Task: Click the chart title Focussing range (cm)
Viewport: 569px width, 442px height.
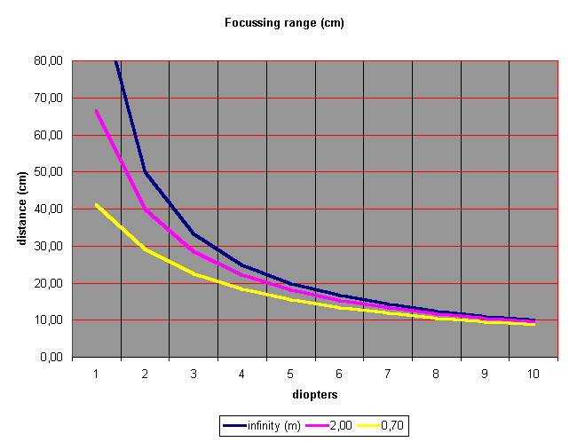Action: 283,23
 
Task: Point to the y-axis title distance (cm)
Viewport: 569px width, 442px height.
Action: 22,209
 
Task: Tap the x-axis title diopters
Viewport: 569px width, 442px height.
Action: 314,393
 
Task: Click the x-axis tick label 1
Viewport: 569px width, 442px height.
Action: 96,374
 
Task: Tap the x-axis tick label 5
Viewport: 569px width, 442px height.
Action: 290,374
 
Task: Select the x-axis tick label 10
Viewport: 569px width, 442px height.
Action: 533,374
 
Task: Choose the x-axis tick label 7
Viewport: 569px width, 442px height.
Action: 387,374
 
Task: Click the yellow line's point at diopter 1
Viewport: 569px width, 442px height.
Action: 96,205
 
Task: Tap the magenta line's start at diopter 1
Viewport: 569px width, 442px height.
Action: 96,111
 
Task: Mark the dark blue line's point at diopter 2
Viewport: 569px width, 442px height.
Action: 145,172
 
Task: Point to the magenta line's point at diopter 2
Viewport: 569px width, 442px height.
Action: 145,209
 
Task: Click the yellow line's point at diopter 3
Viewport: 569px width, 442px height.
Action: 194,274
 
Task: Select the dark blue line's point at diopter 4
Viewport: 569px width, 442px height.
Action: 241,264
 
